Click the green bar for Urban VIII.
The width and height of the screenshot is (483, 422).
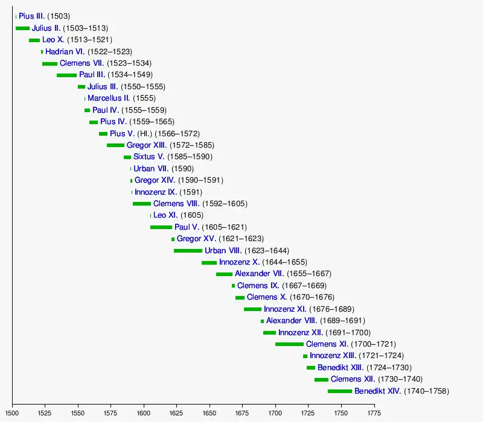tap(188, 251)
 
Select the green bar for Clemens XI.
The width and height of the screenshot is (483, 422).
tap(289, 344)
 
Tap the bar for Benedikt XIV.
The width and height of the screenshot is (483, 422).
tap(339, 391)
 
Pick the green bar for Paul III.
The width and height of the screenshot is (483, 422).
tap(66, 75)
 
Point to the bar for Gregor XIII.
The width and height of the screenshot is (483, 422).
tap(115, 145)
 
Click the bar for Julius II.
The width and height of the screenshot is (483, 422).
tap(22, 28)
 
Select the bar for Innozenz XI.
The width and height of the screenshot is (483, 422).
tap(252, 309)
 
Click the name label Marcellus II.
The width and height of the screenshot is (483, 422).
tap(109, 98)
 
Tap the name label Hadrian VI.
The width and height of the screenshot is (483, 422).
tap(65, 52)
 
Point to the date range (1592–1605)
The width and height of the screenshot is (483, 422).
tap(225, 204)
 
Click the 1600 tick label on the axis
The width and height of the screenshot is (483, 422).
tap(144, 414)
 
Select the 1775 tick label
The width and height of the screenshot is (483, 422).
tap(374, 414)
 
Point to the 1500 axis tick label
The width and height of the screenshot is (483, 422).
tap(13, 414)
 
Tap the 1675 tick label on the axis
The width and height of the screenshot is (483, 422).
tap(243, 414)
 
